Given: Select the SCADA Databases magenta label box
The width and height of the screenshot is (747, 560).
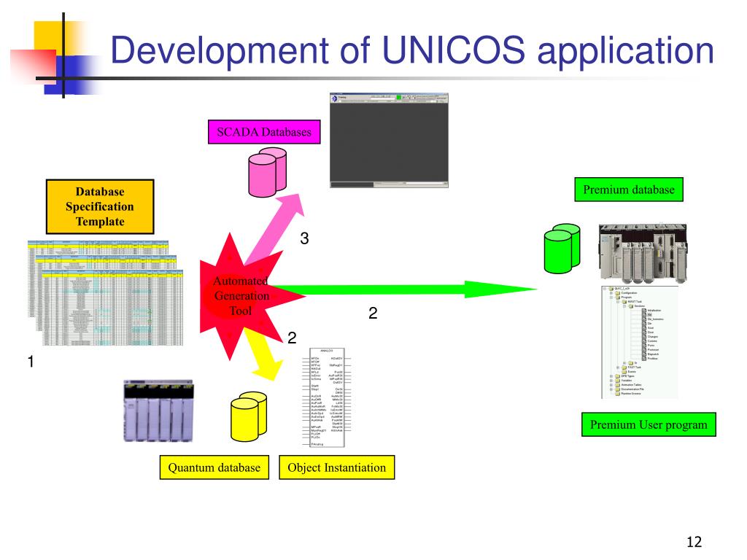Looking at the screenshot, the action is click(264, 133).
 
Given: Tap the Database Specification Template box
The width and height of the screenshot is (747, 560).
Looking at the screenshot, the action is click(100, 207).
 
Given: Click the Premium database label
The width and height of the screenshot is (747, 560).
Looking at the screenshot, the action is click(628, 190).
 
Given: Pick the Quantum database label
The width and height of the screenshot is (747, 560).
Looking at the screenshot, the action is click(214, 467).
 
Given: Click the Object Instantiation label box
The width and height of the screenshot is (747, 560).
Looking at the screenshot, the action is click(336, 467).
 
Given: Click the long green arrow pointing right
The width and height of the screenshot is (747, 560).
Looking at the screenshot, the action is click(401, 289).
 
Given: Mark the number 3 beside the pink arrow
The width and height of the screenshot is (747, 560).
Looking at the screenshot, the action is click(305, 238).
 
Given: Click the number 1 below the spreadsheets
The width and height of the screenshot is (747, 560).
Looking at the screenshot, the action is click(31, 362).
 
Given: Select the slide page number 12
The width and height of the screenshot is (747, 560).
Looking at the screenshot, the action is click(694, 542).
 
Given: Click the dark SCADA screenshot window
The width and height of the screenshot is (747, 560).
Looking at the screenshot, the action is click(389, 140).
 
